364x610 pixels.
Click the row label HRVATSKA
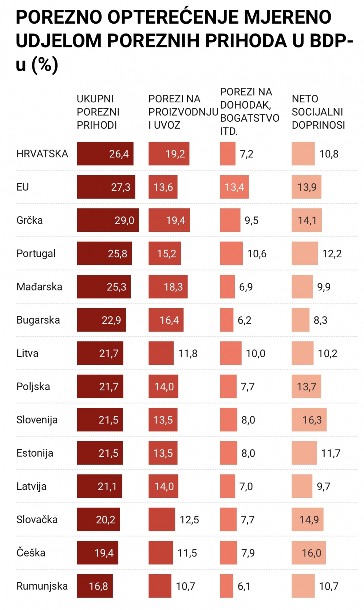pos(42,154)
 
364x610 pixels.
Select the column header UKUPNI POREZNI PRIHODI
pos(98,112)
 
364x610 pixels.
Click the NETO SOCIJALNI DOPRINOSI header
pos(318,112)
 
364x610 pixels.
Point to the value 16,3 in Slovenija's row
pos(312,420)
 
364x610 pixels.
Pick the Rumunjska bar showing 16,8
pos(95,586)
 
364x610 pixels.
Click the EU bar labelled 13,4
pos(234,187)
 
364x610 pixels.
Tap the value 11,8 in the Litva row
pos(188,353)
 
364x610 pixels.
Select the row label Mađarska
pos(39,287)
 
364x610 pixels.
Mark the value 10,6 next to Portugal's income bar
pos(257,254)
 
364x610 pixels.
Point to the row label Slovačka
pos(37,519)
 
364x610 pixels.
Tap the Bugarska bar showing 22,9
pos(101,320)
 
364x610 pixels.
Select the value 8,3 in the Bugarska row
pos(320,320)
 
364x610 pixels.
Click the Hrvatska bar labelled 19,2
pos(169,154)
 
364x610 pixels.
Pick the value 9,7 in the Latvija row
pos(324,486)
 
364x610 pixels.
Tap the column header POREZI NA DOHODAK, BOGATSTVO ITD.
pos(249,112)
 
